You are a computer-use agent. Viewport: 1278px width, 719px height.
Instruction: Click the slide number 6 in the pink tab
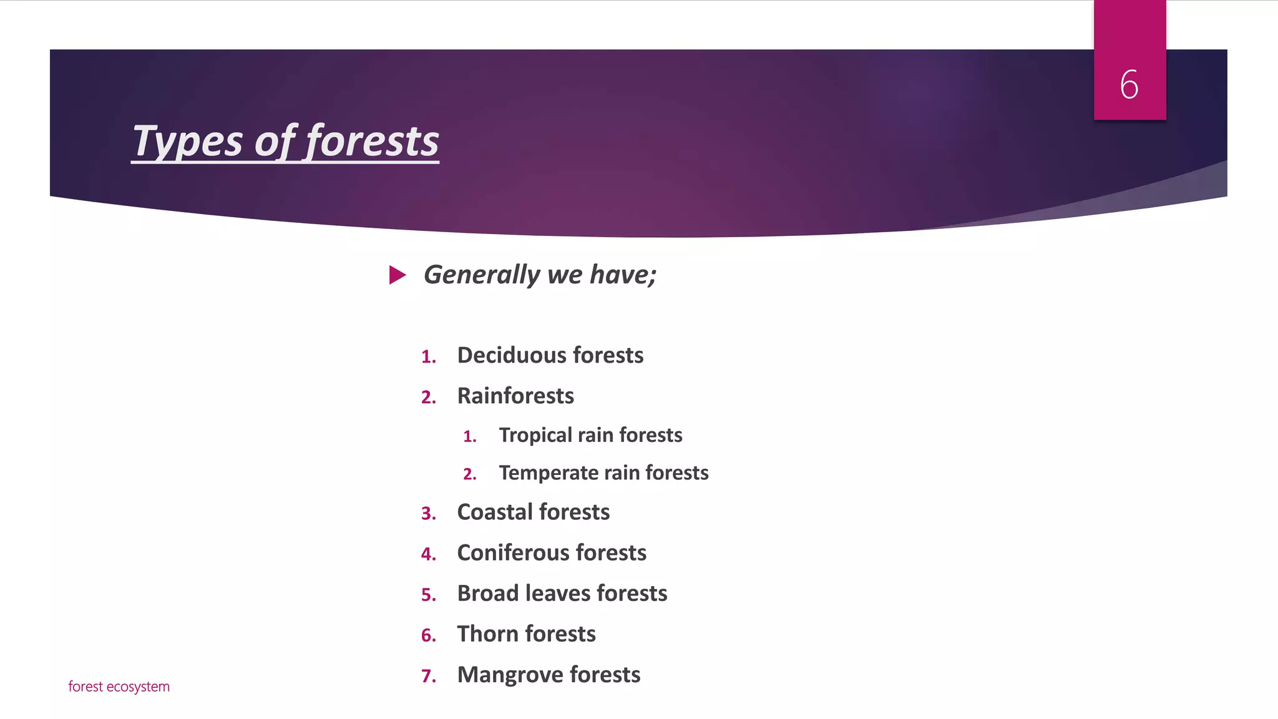click(1129, 85)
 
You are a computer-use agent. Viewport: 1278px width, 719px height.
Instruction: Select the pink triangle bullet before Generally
click(398, 275)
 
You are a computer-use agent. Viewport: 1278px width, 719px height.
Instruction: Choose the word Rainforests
click(515, 396)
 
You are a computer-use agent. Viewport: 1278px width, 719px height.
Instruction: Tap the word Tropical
click(535, 436)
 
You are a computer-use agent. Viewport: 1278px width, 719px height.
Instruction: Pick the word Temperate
click(548, 473)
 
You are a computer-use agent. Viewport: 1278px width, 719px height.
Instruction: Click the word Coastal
click(495, 512)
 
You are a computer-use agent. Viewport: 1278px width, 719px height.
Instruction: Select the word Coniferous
click(513, 552)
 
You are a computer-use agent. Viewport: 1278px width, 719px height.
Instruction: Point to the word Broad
click(488, 593)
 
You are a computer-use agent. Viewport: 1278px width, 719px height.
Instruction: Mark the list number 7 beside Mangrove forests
click(427, 676)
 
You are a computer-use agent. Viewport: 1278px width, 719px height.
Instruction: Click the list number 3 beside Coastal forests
click(427, 513)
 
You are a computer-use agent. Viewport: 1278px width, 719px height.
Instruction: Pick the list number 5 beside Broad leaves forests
click(427, 595)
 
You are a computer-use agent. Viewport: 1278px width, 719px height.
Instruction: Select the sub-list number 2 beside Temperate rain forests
click(469, 474)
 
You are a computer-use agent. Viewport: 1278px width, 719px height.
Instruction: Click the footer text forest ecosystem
click(119, 687)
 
